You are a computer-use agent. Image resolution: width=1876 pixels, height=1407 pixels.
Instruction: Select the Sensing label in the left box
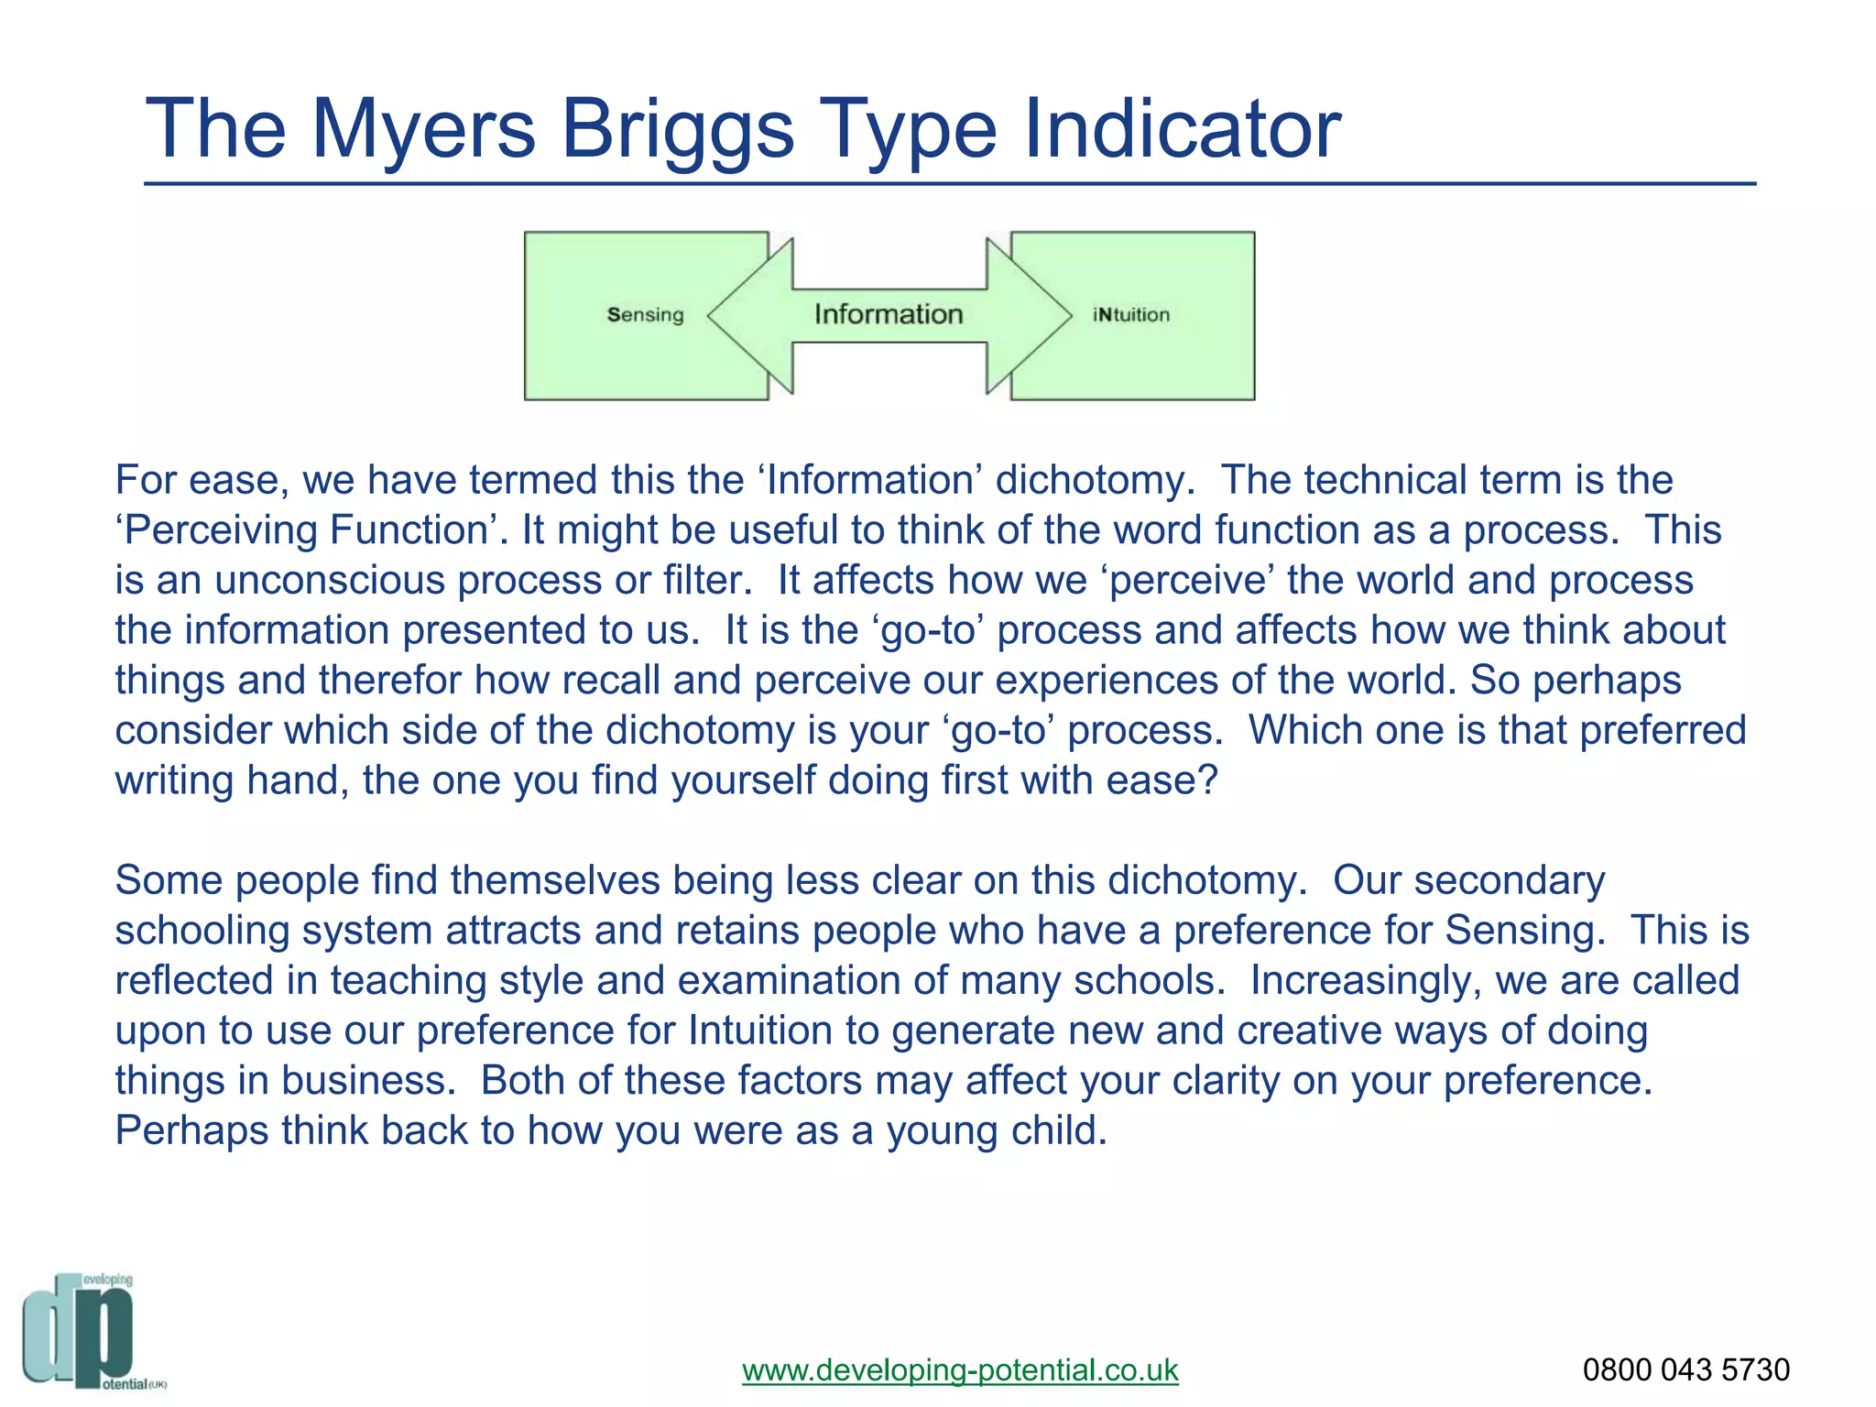click(x=645, y=315)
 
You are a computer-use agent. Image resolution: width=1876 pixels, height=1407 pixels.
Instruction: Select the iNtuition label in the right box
click(x=1131, y=315)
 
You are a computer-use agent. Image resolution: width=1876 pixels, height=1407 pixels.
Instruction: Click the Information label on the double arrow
click(x=889, y=314)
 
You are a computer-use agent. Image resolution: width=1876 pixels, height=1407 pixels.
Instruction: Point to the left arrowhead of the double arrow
click(x=747, y=315)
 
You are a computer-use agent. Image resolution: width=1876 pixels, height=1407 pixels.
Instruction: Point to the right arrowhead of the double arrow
click(x=1031, y=315)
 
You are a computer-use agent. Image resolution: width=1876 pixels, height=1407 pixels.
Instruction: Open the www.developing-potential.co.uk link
click(x=960, y=1370)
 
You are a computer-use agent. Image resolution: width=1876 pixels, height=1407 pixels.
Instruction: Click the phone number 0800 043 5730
click(x=1685, y=1370)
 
